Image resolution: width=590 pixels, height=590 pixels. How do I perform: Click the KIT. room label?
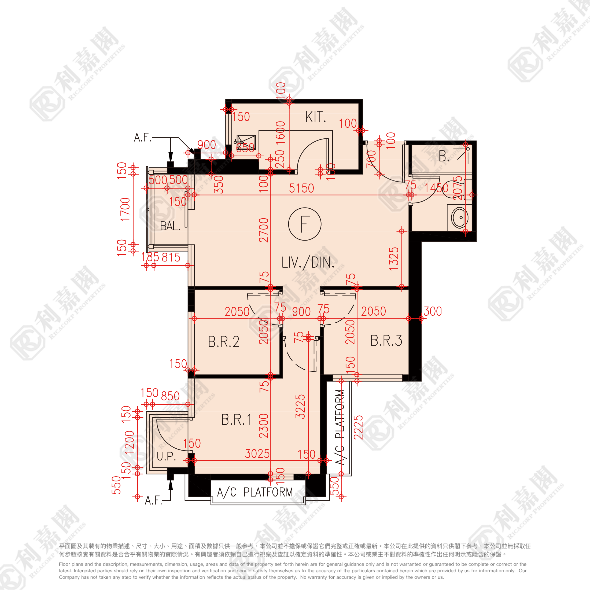315,117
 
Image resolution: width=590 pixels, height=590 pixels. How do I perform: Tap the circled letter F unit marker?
304,224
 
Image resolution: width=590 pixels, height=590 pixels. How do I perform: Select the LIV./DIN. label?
308,263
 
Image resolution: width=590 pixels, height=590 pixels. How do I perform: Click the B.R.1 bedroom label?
237,420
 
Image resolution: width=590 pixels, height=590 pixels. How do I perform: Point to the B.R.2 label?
224,341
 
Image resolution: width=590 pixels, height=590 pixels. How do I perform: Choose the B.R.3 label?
386,341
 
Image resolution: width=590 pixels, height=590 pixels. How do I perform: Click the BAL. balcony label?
170,226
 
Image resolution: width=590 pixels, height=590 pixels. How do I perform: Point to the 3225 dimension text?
300,406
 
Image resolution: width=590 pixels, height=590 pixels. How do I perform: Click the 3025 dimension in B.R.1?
257,454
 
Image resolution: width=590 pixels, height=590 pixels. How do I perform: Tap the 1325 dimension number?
394,259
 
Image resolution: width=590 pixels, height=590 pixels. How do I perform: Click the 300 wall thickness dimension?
433,311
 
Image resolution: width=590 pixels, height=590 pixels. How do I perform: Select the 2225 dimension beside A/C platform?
358,427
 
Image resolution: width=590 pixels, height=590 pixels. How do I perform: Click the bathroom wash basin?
459,217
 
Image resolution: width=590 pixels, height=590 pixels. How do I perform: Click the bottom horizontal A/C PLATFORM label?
255,492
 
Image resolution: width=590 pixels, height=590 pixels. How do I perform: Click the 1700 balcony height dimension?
125,209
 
